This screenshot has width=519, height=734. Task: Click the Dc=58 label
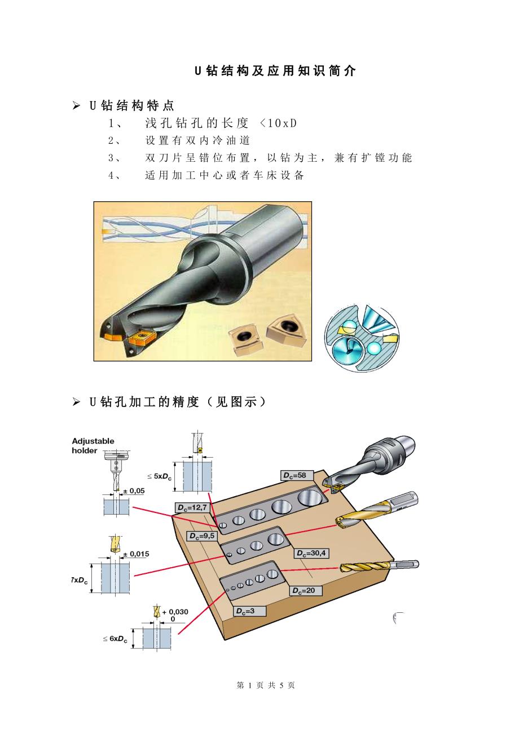point(297,475)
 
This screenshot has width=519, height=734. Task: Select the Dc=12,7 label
point(192,507)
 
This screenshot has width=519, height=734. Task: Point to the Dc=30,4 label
point(311,553)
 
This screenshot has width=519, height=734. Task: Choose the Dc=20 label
point(306,590)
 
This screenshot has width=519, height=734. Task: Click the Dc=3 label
point(249,611)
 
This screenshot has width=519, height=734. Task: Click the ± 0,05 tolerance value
point(134,491)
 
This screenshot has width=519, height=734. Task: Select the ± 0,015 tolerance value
point(136,554)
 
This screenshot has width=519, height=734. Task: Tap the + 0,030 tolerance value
point(175,612)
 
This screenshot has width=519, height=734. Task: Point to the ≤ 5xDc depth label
point(159,476)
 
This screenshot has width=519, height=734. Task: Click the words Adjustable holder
point(93,445)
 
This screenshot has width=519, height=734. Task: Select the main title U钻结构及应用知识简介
point(275,71)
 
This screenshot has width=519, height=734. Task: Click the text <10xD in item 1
point(278,123)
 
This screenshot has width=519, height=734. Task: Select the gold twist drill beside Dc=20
point(379,566)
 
